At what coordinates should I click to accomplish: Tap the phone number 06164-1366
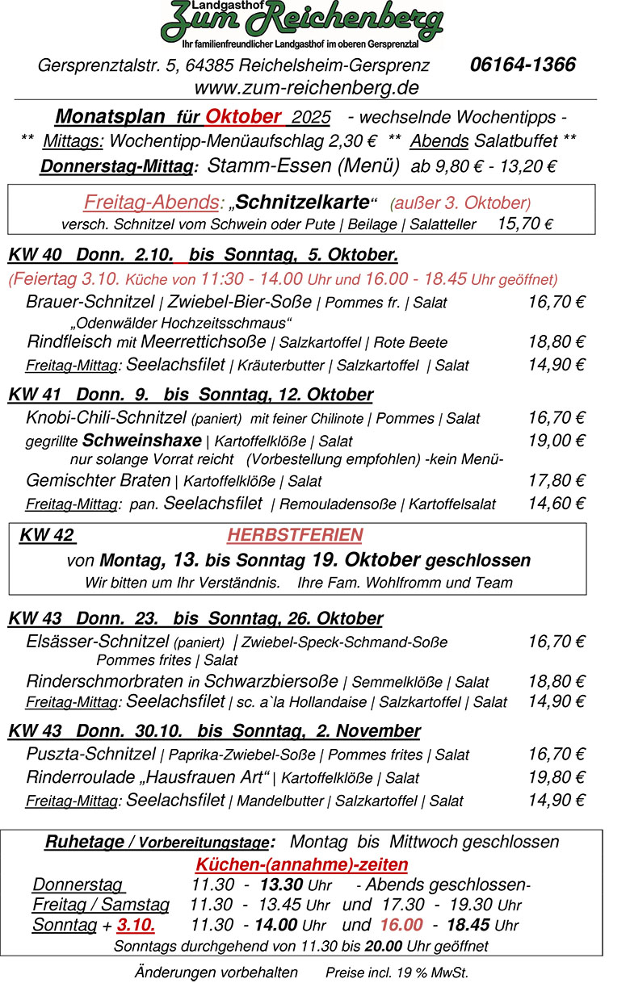(x=523, y=65)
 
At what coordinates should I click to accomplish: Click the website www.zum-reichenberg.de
(x=306, y=87)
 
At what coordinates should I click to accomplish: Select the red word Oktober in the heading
(x=243, y=116)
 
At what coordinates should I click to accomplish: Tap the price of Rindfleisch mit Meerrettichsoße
(x=556, y=341)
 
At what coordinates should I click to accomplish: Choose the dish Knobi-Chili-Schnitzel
(x=107, y=418)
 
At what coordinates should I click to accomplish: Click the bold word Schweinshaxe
(x=142, y=441)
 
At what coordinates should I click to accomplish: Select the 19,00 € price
(x=556, y=441)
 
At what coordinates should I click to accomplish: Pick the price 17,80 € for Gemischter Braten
(x=556, y=481)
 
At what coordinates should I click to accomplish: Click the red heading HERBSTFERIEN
(x=295, y=535)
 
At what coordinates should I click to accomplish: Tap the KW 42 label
(x=47, y=535)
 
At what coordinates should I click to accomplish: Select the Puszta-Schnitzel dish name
(x=90, y=755)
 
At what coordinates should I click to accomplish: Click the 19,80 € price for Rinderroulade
(x=556, y=778)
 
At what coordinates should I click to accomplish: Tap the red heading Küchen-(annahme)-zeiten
(x=302, y=864)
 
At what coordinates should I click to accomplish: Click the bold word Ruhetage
(x=84, y=842)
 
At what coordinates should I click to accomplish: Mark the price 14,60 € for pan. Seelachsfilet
(x=556, y=504)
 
